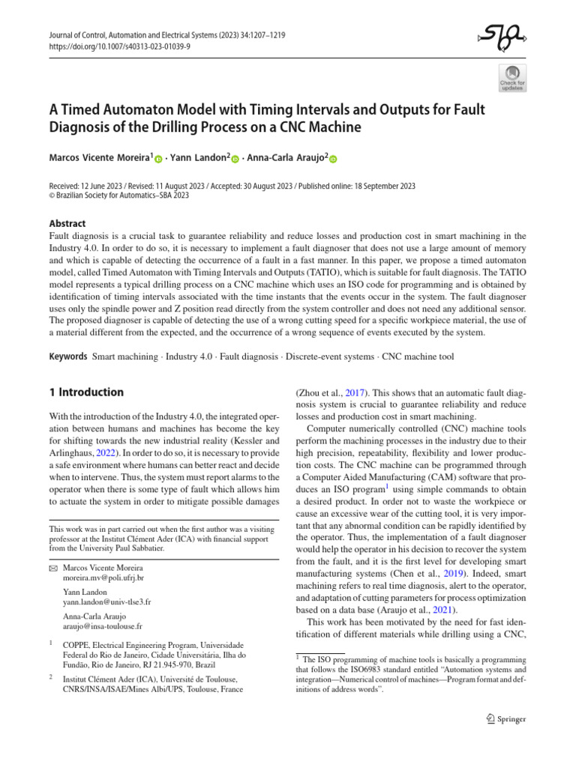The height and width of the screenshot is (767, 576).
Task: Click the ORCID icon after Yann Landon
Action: (x=235, y=159)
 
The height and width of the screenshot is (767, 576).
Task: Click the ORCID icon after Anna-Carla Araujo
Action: (x=333, y=159)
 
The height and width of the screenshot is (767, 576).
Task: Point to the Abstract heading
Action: (x=67, y=223)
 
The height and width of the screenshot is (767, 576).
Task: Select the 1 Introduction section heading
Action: (x=85, y=392)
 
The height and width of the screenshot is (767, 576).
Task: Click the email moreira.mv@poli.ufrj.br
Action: (x=103, y=579)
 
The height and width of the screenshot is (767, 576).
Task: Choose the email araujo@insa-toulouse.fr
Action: (x=103, y=626)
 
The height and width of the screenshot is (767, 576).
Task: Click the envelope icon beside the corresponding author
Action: (x=52, y=569)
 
